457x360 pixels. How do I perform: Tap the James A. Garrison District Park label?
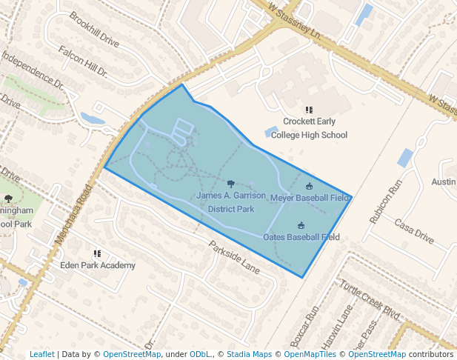click(231, 202)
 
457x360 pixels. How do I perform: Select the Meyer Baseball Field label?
click(309, 198)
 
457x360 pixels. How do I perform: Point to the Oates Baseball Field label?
click(301, 237)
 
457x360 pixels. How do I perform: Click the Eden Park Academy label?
click(98, 265)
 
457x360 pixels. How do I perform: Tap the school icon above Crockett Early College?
click(309, 110)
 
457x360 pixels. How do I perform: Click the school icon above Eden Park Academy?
click(97, 253)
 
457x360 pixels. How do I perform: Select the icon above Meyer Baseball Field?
click(309, 186)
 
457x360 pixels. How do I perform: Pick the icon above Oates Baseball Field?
click(301, 225)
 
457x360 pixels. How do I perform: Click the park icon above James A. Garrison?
click(231, 183)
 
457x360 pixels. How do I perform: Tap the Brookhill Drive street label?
click(94, 29)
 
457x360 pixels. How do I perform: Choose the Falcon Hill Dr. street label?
click(82, 61)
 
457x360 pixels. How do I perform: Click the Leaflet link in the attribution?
click(41, 354)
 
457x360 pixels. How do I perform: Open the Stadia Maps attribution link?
click(249, 354)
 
